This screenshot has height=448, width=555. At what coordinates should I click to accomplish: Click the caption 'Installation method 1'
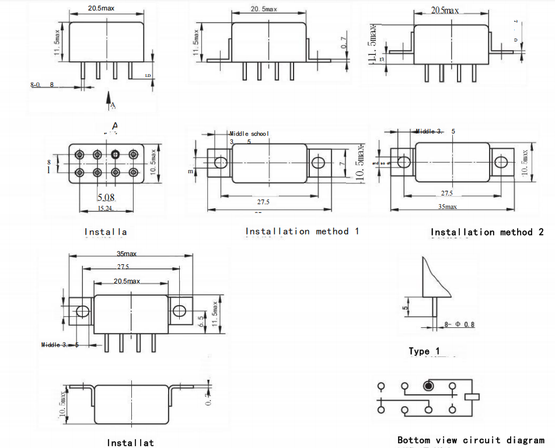click(302, 232)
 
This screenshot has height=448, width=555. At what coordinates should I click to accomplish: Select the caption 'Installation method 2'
click(487, 232)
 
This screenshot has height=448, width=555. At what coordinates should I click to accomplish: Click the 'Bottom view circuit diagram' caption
click(470, 440)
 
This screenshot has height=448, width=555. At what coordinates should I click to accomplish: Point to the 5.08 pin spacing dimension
click(106, 198)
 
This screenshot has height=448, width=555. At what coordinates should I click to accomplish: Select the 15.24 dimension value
click(105, 208)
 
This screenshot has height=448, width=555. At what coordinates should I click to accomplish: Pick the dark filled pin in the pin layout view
click(116, 155)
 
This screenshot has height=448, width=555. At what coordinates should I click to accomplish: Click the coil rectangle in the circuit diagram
click(472, 397)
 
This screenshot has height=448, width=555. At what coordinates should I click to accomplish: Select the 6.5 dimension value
click(201, 322)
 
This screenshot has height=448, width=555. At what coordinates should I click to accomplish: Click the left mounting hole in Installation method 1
click(220, 163)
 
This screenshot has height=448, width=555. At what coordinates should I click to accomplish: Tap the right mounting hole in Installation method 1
click(318, 163)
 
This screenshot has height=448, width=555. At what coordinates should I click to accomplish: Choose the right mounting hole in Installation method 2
click(501, 162)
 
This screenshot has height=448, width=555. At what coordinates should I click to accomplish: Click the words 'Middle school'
click(249, 134)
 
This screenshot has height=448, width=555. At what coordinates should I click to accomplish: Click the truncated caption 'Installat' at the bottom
click(131, 443)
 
